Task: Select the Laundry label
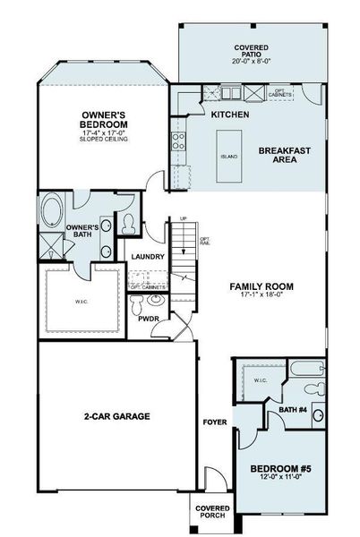[x=147, y=258]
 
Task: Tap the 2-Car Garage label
[x=116, y=416]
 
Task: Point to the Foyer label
[x=214, y=421]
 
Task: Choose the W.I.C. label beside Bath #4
[x=261, y=380]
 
